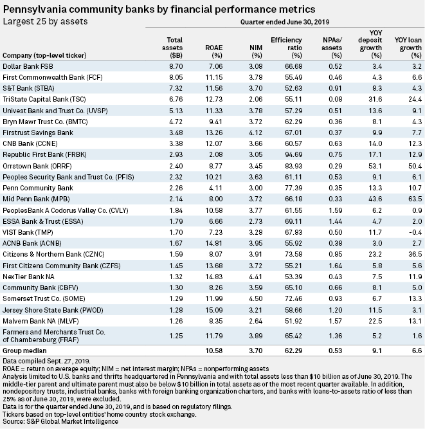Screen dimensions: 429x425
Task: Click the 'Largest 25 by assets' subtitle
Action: [45, 21]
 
